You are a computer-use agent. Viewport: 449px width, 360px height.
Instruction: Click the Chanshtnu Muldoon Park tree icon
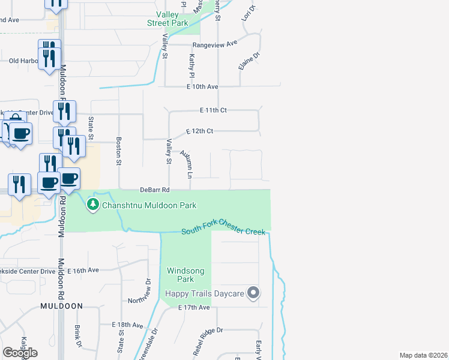(x=93, y=205)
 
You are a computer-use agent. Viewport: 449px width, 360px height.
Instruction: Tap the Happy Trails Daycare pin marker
(x=253, y=293)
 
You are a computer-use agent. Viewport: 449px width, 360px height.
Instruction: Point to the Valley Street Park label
(x=167, y=19)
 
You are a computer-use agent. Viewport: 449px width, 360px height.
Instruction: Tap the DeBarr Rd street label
(x=155, y=190)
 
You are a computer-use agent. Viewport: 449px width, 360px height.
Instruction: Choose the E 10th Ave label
(x=202, y=87)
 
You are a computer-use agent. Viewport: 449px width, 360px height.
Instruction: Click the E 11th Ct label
(x=214, y=111)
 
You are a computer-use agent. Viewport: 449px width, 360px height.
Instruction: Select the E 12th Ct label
(x=200, y=131)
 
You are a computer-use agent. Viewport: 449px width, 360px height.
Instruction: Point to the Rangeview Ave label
(x=215, y=44)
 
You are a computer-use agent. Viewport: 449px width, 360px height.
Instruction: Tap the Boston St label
(x=119, y=153)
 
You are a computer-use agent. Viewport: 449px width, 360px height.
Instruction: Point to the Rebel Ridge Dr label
(x=204, y=331)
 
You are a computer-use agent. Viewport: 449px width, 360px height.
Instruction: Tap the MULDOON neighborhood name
(x=61, y=306)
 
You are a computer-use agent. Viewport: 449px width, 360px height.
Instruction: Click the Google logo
(x=20, y=353)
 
